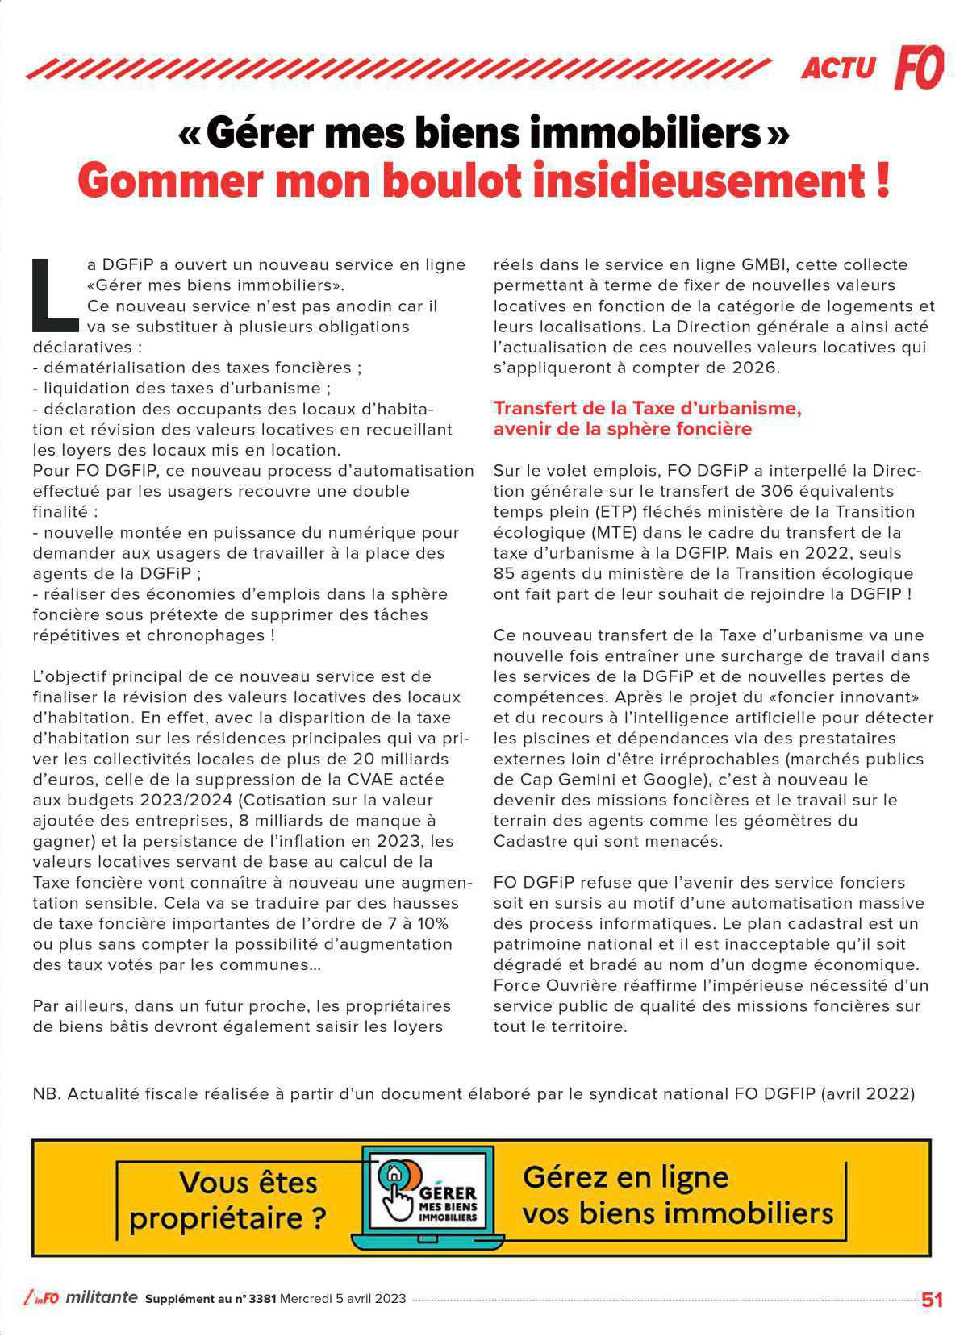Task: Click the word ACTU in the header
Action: pos(837,69)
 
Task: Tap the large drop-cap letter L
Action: pos(54,295)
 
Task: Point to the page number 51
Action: pos(932,1300)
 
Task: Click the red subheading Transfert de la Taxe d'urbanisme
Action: pos(647,408)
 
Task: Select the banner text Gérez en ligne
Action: pos(625,1177)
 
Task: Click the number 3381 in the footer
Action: pos(263,1299)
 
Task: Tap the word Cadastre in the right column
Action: pos(528,841)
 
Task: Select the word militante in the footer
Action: pos(102,1298)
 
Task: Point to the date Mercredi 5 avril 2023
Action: pos(343,1299)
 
